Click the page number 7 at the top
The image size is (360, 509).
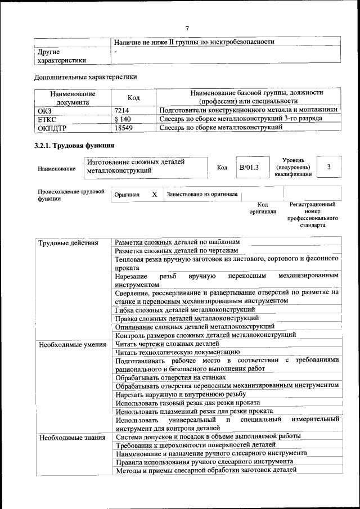pyautogui.click(x=187, y=29)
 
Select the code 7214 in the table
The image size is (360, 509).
pyautogui.click(x=122, y=110)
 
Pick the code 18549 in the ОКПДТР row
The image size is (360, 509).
pyautogui.click(x=124, y=128)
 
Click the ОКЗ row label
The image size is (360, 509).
pyautogui.click(x=44, y=110)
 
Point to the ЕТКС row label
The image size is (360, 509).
pyautogui.click(x=46, y=119)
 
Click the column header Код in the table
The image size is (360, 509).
pyautogui.click(x=134, y=98)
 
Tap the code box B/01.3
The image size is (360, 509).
pyautogui.click(x=249, y=167)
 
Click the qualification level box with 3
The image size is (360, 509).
pyautogui.click(x=328, y=167)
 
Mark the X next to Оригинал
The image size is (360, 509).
pyautogui.click(x=154, y=194)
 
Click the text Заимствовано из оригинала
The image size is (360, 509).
pyautogui.click(x=201, y=194)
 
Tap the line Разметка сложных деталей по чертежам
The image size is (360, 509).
pyautogui.click(x=177, y=250)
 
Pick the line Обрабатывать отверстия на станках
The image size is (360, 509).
pyautogui.click(x=170, y=377)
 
